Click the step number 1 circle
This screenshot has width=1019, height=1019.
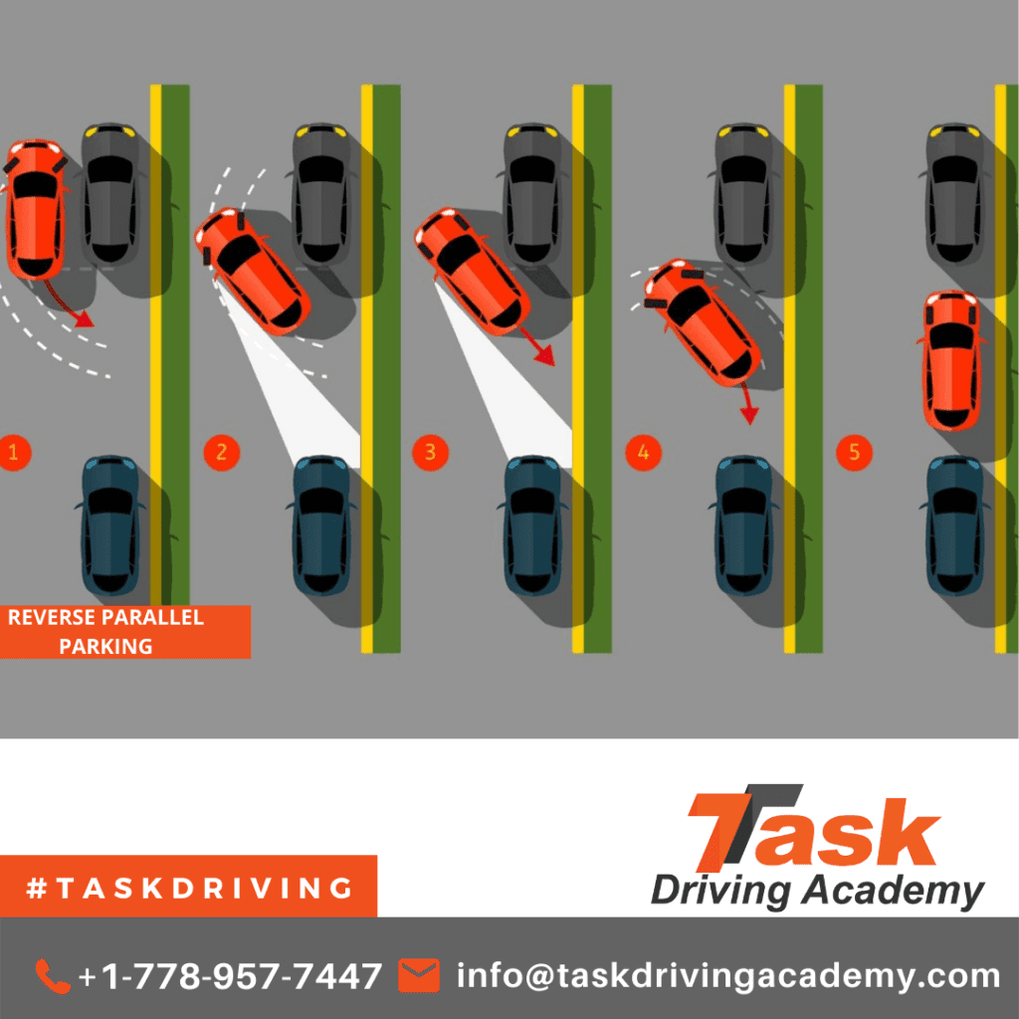(13, 453)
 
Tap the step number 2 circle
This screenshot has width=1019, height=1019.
(222, 453)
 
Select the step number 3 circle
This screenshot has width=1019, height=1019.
(430, 453)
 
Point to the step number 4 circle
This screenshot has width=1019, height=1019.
(644, 453)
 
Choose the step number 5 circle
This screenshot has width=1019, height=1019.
(854, 453)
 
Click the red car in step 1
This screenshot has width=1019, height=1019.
(36, 209)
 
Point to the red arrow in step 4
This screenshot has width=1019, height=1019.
(747, 403)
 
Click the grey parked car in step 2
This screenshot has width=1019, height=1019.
(321, 193)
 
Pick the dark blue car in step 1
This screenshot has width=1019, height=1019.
(109, 525)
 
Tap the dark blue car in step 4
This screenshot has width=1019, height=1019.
(743, 525)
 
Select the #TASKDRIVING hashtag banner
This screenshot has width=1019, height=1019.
(188, 887)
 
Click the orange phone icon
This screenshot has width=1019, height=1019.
(53, 976)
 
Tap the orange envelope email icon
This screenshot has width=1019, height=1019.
(419, 975)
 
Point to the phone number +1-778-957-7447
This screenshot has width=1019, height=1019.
(230, 976)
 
